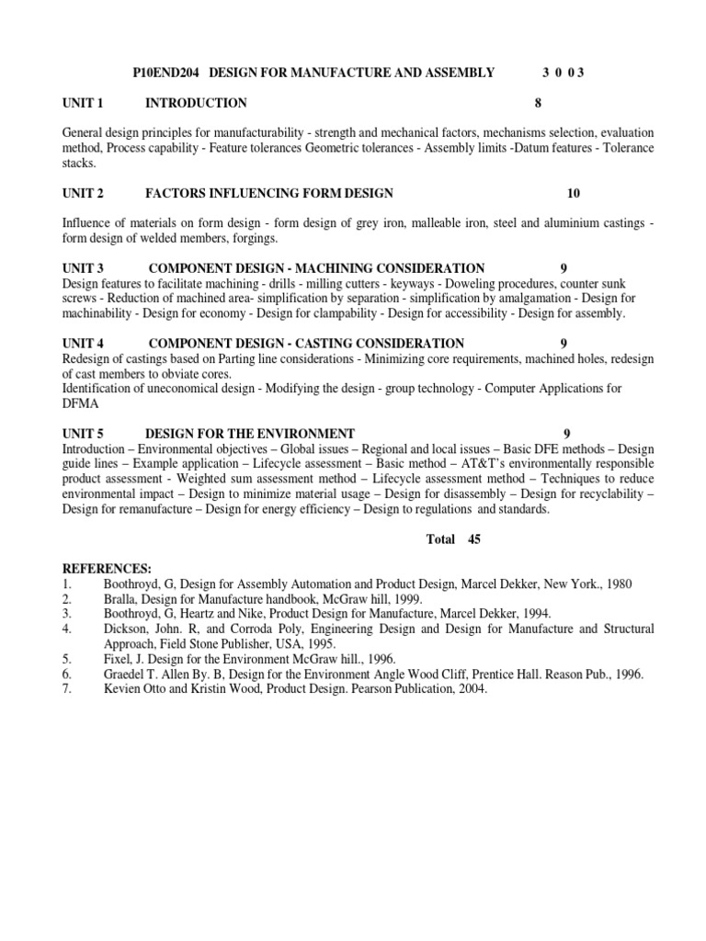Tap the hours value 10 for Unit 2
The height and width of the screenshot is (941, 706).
tap(574, 193)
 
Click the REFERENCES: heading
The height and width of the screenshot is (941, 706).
tap(107, 569)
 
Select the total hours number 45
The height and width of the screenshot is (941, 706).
tap(474, 539)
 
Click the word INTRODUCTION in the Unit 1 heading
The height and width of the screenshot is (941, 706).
tap(196, 103)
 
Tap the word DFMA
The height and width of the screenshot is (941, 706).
tap(80, 403)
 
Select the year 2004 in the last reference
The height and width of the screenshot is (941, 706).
tap(469, 688)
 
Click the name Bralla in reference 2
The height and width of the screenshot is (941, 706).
tap(120, 599)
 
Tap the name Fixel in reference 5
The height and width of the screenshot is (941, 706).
tap(119, 659)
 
